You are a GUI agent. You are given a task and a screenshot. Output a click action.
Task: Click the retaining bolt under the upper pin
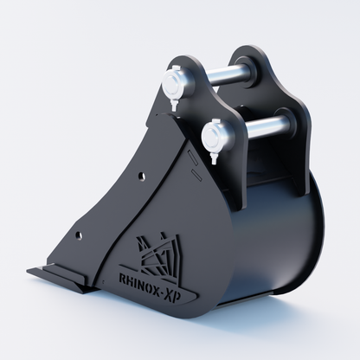coord(174,105)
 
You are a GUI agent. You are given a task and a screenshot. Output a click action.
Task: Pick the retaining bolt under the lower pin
coord(214,158)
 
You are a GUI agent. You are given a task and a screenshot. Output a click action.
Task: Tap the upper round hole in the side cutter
coord(141,176)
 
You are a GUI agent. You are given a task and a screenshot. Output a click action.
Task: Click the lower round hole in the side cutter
coord(78,235)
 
